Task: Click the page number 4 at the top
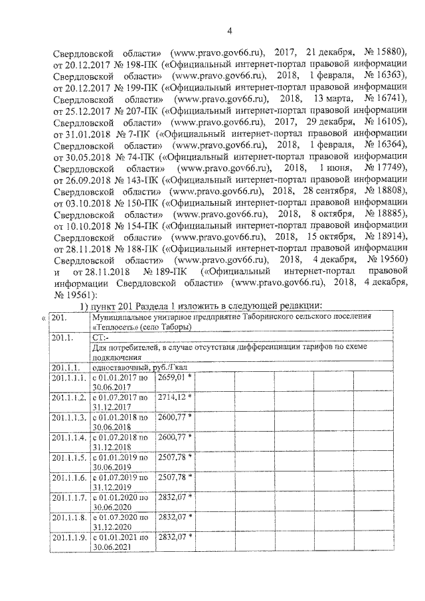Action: click(x=229, y=29)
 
